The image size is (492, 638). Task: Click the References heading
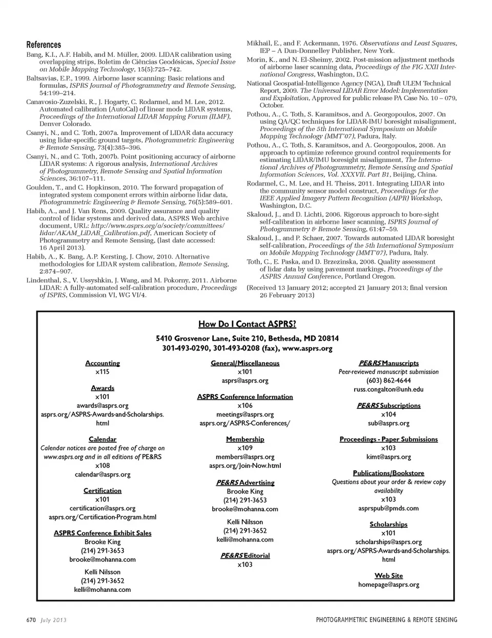click(x=44, y=45)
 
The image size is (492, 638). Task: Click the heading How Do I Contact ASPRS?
click(x=247, y=324)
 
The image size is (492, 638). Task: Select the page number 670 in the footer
click(x=31, y=620)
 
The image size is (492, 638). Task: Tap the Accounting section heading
click(x=102, y=363)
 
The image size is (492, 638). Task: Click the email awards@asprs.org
click(x=102, y=405)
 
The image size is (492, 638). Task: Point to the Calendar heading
click(x=102, y=439)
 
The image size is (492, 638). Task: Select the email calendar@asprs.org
click(x=102, y=475)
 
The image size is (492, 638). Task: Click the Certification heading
click(x=102, y=490)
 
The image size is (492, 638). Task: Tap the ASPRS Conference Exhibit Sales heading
click(x=102, y=533)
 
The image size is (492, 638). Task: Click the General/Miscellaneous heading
click(x=245, y=363)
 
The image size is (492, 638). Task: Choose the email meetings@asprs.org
click(x=245, y=414)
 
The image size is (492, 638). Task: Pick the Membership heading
click(x=245, y=439)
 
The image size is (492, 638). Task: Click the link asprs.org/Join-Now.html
click(x=245, y=466)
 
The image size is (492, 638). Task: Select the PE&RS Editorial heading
click(x=245, y=555)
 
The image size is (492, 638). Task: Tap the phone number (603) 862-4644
click(x=388, y=380)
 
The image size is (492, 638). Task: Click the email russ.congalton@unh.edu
click(x=388, y=389)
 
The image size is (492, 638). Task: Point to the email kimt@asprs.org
click(x=388, y=457)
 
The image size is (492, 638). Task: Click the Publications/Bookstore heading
click(x=388, y=473)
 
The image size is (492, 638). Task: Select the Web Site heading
click(x=388, y=575)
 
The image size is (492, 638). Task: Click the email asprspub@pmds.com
click(x=388, y=508)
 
